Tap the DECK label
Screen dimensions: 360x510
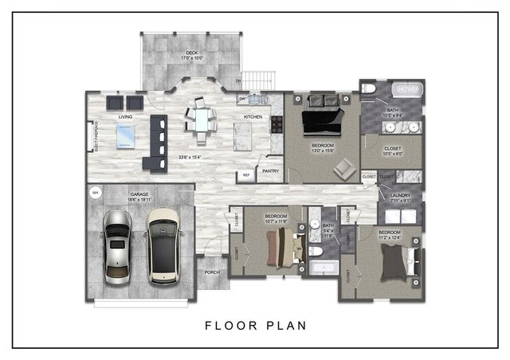(169, 53)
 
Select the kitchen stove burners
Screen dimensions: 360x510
(277, 123)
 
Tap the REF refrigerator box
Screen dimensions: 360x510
(245, 176)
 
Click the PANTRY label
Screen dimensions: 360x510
(270, 170)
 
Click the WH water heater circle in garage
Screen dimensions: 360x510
(95, 192)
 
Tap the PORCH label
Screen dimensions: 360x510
(212, 272)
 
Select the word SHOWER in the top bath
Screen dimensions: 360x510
(407, 88)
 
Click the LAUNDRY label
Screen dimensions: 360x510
(401, 194)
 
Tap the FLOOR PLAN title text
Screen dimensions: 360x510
(255, 325)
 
